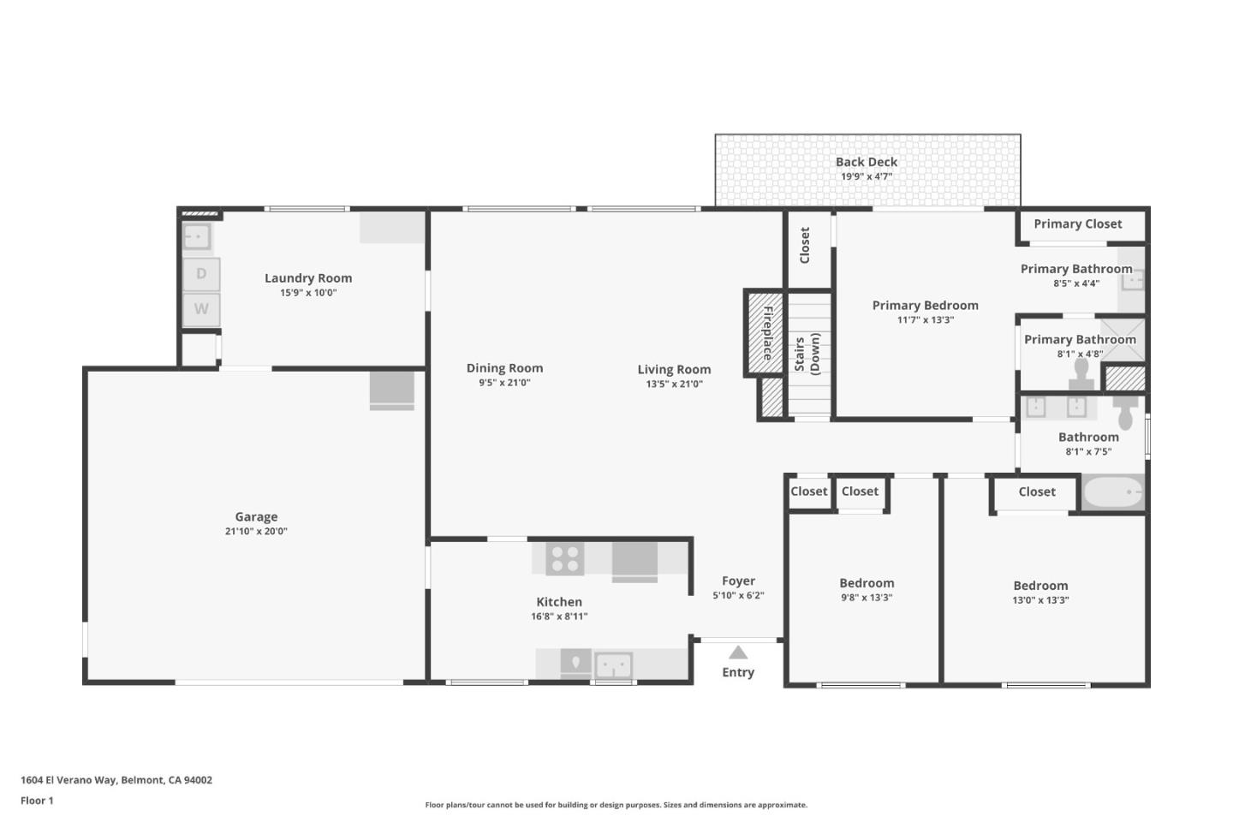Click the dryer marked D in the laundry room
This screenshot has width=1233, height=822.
[x=201, y=274]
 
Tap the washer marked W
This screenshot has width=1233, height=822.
[x=201, y=309]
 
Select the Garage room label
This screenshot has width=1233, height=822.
[x=257, y=516]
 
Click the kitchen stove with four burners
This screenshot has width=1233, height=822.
[x=565, y=559]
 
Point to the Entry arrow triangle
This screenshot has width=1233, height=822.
[x=738, y=652]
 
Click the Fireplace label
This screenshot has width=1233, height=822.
[x=768, y=333]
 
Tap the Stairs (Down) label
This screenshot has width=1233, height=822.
[x=807, y=354]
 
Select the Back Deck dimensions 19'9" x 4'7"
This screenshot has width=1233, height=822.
[x=867, y=176]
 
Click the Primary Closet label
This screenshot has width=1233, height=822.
[x=1077, y=224]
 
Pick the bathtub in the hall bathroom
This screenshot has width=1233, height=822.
[x=1113, y=491]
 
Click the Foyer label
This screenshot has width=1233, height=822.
[x=738, y=581]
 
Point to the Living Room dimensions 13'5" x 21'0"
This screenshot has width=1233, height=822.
[x=675, y=384]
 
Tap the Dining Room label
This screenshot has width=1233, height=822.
[x=505, y=368]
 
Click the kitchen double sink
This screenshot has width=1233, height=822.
[x=614, y=665]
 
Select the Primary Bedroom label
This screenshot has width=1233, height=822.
[x=926, y=306]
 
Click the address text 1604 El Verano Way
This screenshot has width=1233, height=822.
[x=68, y=779]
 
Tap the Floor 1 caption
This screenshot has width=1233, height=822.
[x=37, y=801]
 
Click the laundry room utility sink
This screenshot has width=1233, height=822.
[x=197, y=237]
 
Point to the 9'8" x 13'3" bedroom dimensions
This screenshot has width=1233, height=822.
[x=867, y=598]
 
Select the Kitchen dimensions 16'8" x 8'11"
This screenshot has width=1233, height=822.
[x=559, y=616]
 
